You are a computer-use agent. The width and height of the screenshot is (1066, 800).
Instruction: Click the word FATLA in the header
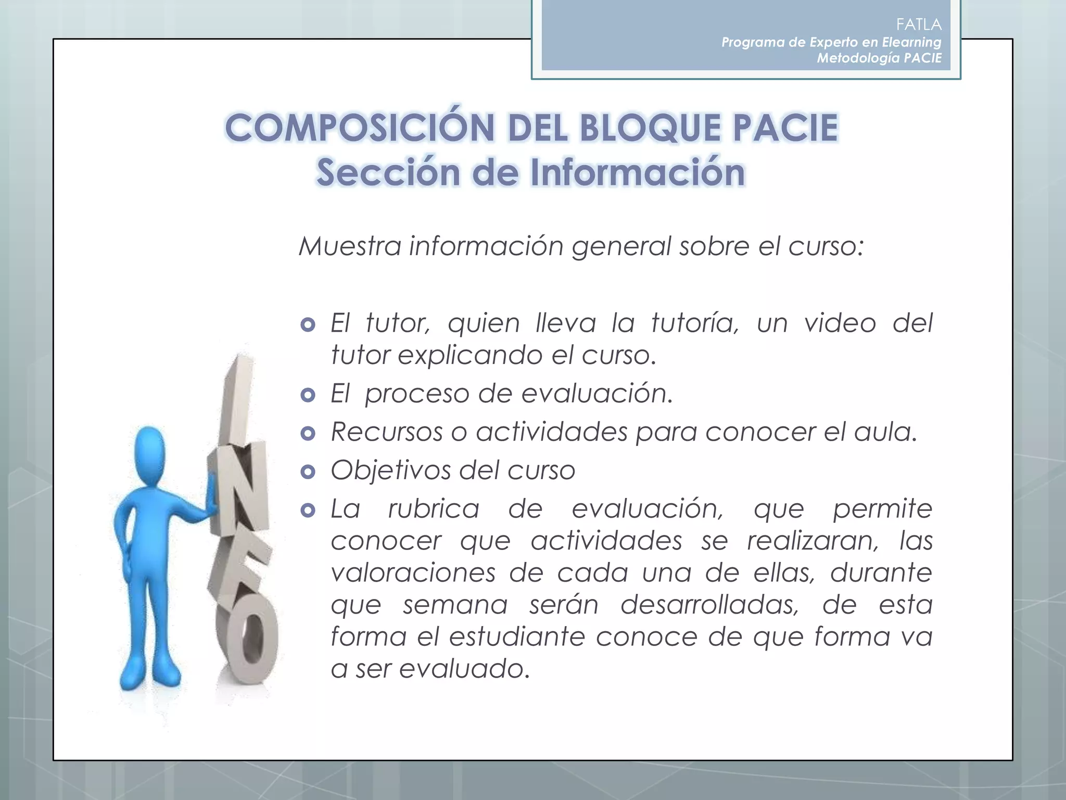point(919,24)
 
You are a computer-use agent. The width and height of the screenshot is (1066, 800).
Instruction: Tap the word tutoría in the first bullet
point(695,323)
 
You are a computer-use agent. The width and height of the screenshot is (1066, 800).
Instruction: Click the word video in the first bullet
point(840,323)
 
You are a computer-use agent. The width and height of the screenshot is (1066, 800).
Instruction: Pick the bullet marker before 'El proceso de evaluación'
point(308,395)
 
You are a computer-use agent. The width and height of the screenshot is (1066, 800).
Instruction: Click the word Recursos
point(387,432)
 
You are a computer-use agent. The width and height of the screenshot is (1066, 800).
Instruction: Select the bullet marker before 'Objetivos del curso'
point(308,472)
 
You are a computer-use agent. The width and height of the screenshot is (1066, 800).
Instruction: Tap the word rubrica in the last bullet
point(434,509)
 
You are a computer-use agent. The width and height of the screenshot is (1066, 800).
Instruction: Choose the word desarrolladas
point(709,605)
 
